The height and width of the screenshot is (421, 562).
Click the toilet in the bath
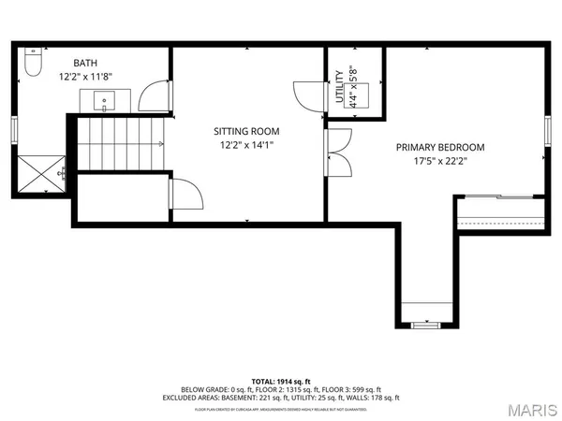[x=30, y=64]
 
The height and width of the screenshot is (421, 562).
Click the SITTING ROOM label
[x=246, y=132]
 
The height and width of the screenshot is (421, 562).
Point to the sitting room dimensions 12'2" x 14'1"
[x=246, y=145]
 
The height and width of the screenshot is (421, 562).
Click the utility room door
[x=308, y=97]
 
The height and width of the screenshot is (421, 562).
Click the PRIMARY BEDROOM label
[x=439, y=148]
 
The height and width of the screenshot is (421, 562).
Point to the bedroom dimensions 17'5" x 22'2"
[x=439, y=161]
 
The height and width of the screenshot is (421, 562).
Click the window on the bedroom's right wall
[x=548, y=127]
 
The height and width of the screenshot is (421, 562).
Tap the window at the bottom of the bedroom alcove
[x=426, y=326]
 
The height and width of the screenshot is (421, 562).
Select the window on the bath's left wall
[x=13, y=127]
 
